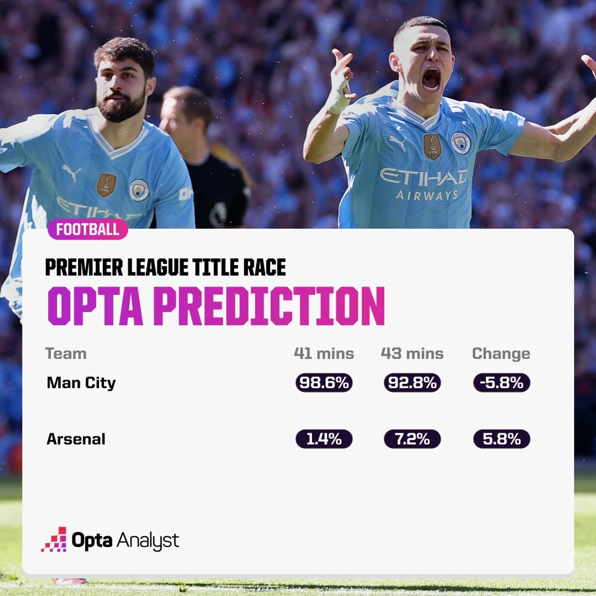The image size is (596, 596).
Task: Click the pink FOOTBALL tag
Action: [88, 229]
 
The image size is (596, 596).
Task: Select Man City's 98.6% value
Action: [324, 383]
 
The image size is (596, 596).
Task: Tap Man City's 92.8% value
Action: [412, 383]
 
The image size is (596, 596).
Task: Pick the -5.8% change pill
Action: [501, 383]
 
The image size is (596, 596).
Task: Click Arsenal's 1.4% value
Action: [324, 438]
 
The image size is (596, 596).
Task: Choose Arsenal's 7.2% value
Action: [412, 438]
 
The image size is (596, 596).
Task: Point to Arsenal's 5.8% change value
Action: [501, 438]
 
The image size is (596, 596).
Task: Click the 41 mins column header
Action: [324, 353]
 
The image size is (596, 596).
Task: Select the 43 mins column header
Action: [412, 353]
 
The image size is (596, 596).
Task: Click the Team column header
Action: [66, 354]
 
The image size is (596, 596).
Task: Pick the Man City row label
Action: [81, 383]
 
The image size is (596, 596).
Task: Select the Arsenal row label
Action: [76, 439]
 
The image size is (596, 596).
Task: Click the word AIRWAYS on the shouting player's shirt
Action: [427, 195]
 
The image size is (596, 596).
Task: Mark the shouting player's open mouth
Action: [431, 79]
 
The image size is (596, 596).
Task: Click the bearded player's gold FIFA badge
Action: [106, 185]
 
